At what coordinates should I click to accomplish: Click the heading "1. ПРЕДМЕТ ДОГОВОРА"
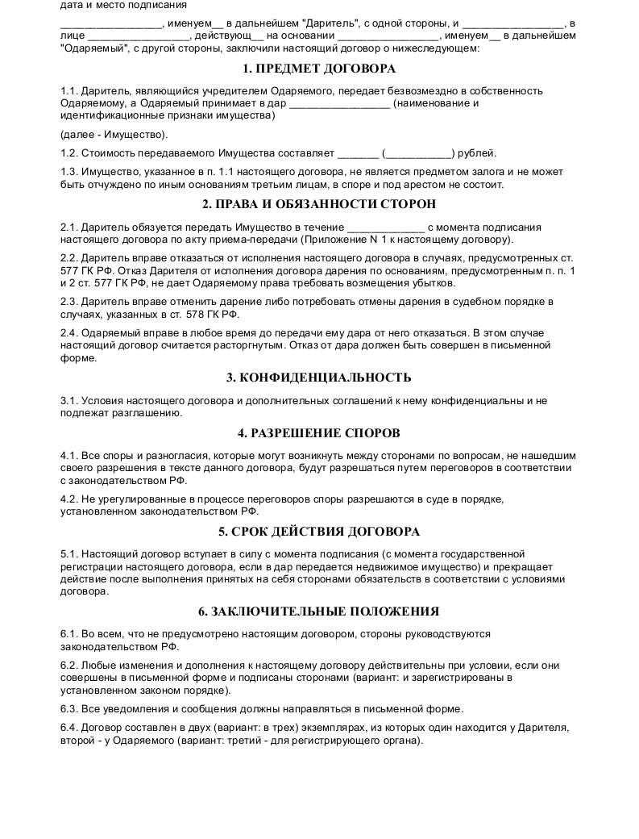(x=319, y=69)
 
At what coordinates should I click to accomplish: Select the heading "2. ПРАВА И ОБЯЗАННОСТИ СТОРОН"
(x=319, y=204)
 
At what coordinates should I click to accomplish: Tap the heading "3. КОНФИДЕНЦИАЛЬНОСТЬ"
(x=319, y=377)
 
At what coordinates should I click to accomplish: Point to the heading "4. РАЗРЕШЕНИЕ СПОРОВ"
(x=319, y=432)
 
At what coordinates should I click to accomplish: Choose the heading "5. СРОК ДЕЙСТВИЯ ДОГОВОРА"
(x=319, y=532)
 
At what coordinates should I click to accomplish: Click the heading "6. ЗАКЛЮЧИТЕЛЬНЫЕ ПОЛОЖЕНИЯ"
(x=319, y=612)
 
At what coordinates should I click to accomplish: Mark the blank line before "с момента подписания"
(x=384, y=227)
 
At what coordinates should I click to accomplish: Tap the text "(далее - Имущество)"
(x=114, y=134)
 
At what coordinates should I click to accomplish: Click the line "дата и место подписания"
(x=123, y=5)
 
